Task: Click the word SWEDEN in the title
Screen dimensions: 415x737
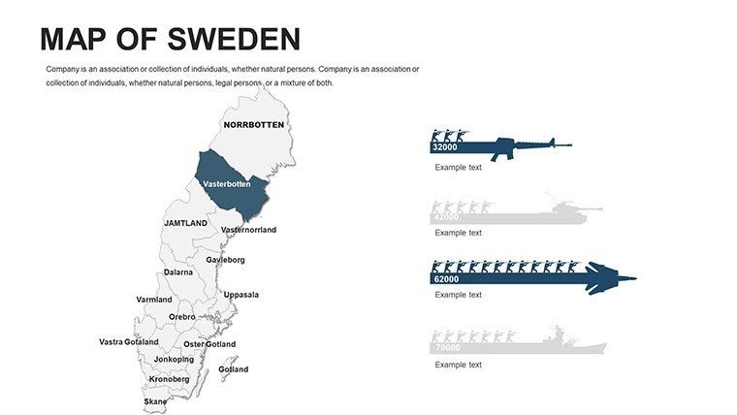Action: point(234,39)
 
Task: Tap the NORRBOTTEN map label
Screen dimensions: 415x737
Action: point(253,125)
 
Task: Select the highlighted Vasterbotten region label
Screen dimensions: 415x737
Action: point(227,184)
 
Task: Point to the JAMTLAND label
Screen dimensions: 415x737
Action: point(185,223)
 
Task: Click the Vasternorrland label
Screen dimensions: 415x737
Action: point(248,230)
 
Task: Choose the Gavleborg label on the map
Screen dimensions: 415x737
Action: point(225,260)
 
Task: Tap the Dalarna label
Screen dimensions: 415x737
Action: point(177,272)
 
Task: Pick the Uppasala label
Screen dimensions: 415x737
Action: point(240,295)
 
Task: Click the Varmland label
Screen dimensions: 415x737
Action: point(153,300)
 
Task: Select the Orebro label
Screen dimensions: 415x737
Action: point(181,317)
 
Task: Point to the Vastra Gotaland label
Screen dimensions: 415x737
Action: point(128,342)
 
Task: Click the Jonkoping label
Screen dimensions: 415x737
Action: point(174,360)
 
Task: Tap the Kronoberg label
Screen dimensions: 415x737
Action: point(169,379)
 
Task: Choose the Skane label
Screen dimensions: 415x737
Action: point(155,401)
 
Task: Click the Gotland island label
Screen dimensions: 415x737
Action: point(233,369)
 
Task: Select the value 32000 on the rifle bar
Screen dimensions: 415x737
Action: point(444,147)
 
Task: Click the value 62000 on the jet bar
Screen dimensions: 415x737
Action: point(446,279)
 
